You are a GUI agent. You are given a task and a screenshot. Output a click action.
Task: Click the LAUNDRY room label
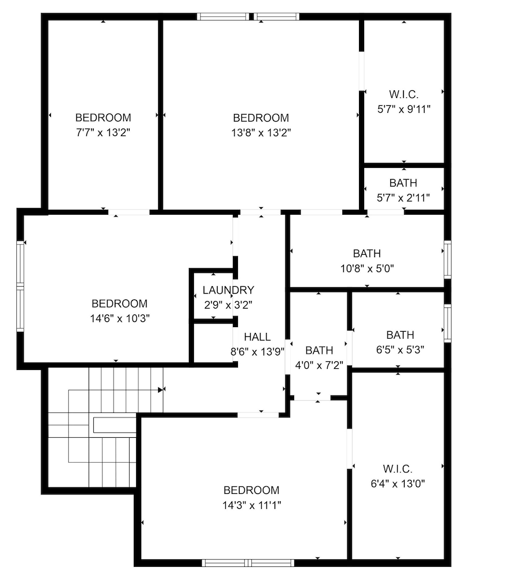point(228,290)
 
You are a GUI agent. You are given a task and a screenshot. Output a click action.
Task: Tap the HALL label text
point(257,337)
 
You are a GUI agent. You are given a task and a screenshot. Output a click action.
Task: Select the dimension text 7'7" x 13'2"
point(103,132)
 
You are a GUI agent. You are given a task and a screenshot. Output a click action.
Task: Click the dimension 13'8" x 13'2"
point(261,132)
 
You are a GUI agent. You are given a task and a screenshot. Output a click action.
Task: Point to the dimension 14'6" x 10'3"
point(119,318)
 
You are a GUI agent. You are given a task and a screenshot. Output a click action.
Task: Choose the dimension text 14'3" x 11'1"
point(251,504)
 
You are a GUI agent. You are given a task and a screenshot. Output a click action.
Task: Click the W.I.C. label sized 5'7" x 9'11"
point(403,94)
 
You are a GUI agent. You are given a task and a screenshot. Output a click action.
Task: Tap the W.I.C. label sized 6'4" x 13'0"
point(397,468)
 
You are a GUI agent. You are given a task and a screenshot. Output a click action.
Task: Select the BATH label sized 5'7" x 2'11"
point(403,184)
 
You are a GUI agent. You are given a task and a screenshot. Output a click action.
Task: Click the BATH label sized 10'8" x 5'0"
point(367,254)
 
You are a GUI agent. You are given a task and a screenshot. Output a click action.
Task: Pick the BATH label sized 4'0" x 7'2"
point(319,350)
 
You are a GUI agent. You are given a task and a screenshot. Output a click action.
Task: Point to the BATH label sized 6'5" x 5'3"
point(400,335)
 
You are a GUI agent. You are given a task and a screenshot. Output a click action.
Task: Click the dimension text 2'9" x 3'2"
point(227,304)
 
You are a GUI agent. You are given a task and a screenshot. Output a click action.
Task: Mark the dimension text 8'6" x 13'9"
point(257,351)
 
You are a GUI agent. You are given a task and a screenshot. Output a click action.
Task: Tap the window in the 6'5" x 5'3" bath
point(447,322)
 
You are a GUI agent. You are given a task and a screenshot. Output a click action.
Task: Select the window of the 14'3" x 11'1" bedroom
point(248,562)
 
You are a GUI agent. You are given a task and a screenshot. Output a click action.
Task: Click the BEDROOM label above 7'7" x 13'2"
point(103,118)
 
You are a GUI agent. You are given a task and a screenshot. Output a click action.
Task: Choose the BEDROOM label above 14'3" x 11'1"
point(251,490)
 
